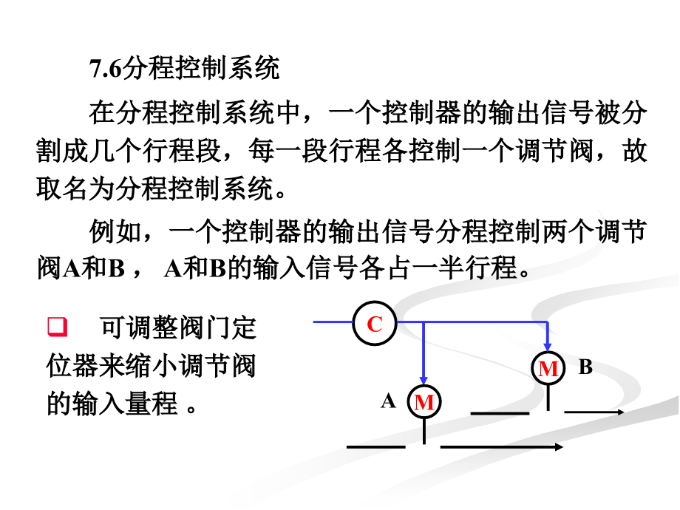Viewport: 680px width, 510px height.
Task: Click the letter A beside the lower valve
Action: [389, 401]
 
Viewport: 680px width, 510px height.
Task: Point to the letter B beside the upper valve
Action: [585, 367]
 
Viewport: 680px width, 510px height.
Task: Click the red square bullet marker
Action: [57, 327]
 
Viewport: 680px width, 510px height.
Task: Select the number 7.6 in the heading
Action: [106, 68]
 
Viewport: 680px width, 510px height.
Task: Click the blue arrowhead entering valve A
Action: [424, 381]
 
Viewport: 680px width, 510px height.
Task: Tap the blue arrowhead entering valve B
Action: [548, 347]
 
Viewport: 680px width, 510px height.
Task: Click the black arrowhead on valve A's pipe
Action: [559, 446]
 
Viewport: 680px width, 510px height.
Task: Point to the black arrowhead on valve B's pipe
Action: [620, 412]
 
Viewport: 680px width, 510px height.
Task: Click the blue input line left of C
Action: [333, 322]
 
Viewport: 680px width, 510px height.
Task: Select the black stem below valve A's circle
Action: [424, 432]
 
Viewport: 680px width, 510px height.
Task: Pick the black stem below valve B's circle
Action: [548, 398]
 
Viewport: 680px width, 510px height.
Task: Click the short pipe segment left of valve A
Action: [376, 446]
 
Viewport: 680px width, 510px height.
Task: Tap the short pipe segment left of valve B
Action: [500, 413]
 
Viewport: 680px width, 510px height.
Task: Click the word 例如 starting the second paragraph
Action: [116, 231]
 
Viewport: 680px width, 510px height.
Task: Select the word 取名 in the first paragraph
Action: [62, 188]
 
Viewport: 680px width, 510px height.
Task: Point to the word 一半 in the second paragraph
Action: [438, 268]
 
